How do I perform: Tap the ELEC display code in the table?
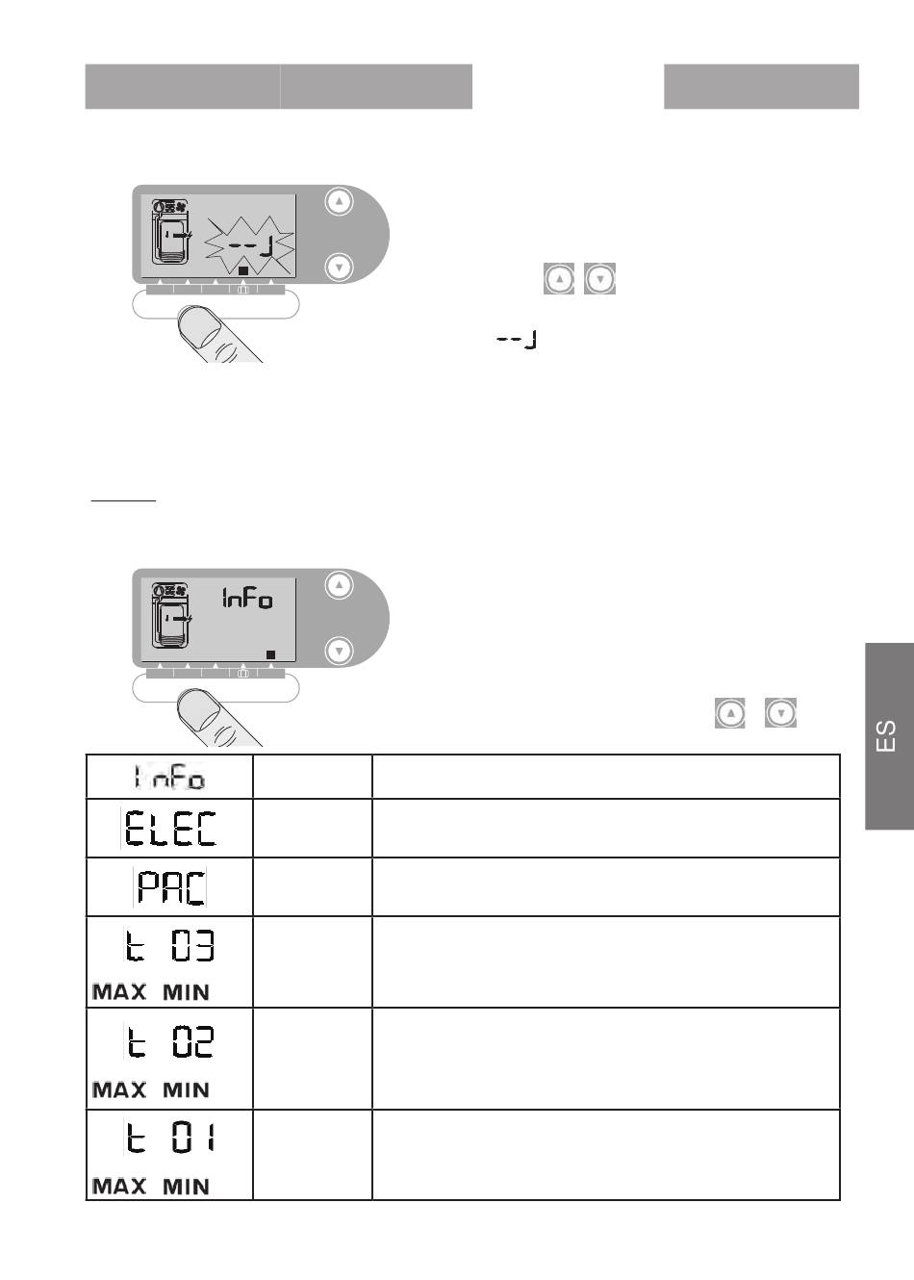170,828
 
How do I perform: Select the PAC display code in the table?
171,887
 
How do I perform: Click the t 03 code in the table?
169,946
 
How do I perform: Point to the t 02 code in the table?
169,1041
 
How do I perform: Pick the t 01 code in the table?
169,1138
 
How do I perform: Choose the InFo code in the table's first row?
169,778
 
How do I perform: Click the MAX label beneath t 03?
119,992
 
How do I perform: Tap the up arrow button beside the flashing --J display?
340,201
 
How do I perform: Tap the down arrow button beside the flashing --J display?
340,268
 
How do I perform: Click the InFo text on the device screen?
247,599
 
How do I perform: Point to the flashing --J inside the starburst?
250,246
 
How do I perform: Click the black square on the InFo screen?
270,654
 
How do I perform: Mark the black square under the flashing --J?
243,270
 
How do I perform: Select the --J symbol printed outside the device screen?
517,340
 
